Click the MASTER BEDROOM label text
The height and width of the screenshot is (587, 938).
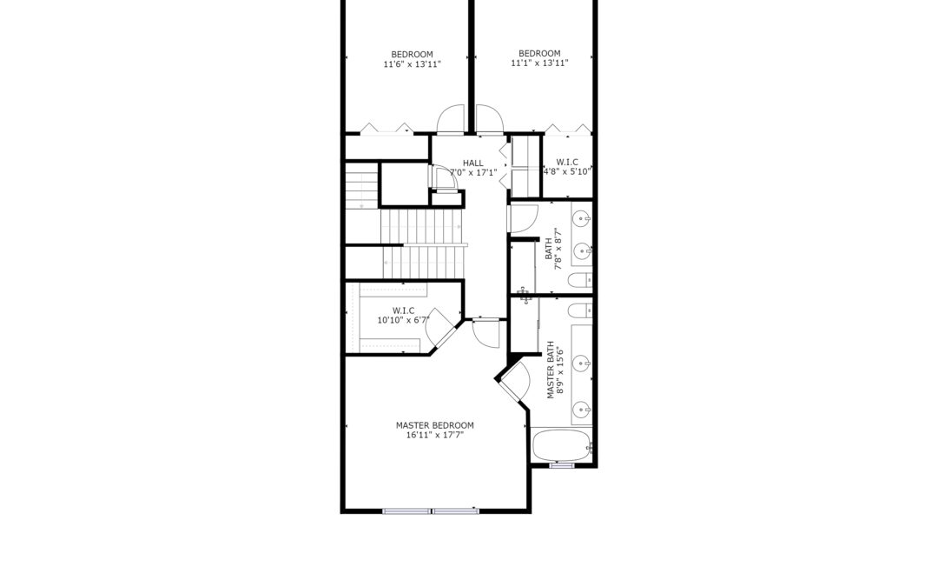(x=434, y=425)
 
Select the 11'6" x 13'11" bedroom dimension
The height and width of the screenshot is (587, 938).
(x=413, y=64)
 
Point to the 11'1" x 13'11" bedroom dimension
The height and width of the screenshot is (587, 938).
(x=539, y=63)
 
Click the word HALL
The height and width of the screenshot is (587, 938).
(x=472, y=163)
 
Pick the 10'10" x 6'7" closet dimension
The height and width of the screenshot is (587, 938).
(x=403, y=320)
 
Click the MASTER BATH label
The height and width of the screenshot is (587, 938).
(x=551, y=370)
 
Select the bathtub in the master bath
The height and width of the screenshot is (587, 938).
(x=561, y=445)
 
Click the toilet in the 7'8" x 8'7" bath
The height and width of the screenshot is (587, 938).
(x=579, y=280)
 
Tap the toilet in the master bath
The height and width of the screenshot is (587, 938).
(x=579, y=310)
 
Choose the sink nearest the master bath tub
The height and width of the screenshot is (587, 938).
(x=582, y=410)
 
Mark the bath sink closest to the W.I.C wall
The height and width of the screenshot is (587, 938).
(x=582, y=218)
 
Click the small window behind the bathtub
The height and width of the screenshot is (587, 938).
(x=562, y=464)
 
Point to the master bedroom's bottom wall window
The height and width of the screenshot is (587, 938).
(x=431, y=511)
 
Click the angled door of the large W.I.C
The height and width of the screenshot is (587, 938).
(x=443, y=328)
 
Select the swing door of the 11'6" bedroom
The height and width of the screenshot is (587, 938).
(x=451, y=119)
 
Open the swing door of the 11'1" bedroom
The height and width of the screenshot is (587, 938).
(x=490, y=119)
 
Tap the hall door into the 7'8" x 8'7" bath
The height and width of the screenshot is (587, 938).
(x=524, y=218)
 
